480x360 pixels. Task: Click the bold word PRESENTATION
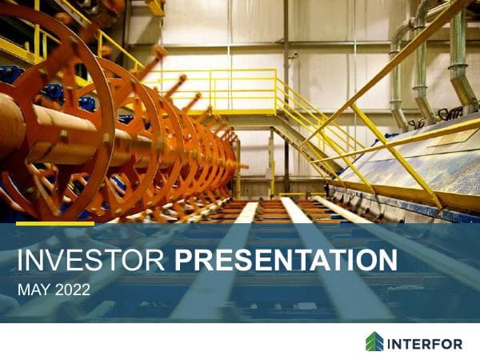click(286, 261)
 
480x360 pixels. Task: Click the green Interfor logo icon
click(374, 342)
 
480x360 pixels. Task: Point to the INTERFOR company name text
click(426, 343)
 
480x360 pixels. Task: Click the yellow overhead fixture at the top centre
click(155, 7)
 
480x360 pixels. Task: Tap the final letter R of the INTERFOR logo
click(457, 343)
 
